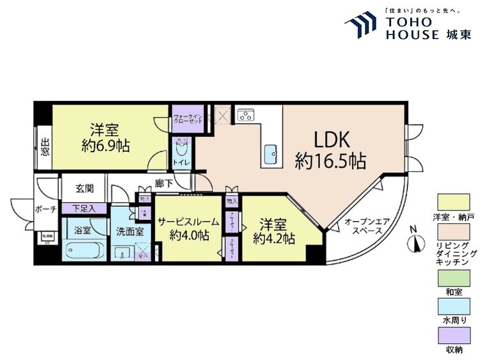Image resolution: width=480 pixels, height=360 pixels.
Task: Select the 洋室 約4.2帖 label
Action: [273, 231]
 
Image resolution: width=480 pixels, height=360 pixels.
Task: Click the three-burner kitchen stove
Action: [246, 114]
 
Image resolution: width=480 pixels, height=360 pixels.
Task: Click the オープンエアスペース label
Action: [367, 226]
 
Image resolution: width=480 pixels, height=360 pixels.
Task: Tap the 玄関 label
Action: [84, 189]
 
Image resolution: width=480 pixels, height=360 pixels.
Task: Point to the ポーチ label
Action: [45, 210]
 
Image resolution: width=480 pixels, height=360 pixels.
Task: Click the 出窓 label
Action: [45, 147]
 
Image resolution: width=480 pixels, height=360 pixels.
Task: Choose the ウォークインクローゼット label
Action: [188, 120]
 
